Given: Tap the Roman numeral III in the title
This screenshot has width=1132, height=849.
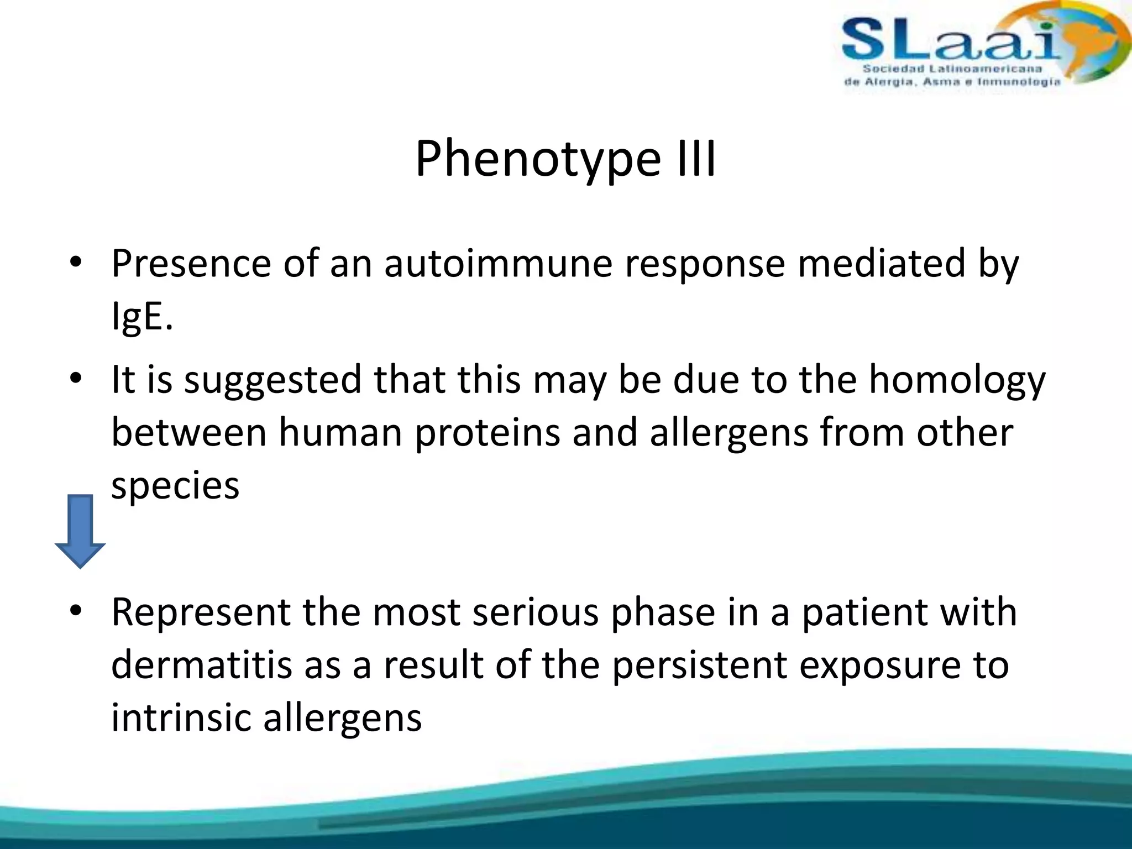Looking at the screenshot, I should click(695, 159).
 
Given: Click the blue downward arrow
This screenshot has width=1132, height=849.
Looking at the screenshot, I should click(80, 531).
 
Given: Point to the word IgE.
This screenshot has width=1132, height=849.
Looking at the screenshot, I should click(141, 317).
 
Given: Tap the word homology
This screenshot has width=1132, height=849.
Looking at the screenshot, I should click(957, 381).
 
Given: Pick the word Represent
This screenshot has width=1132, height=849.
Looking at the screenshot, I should click(201, 612).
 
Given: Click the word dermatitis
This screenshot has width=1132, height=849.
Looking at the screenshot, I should click(201, 665).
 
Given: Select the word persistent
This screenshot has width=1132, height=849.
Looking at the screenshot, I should click(699, 665).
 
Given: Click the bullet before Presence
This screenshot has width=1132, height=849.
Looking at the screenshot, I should click(76, 262).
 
